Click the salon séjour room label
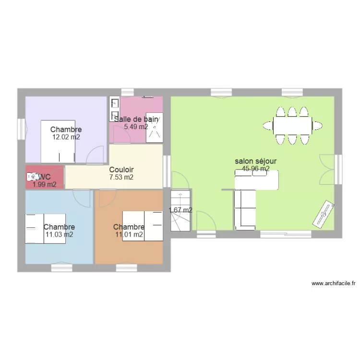point(255,162)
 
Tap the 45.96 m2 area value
point(255,169)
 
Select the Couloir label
point(121,170)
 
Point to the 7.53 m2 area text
point(121,177)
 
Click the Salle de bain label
point(136,119)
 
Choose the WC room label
point(44,177)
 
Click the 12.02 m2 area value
point(66,137)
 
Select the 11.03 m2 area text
point(59,235)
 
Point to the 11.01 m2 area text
point(129,235)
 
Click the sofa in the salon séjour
point(244,209)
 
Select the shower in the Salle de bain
point(154,127)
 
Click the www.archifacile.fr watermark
point(333,284)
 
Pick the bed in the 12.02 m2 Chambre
point(58,142)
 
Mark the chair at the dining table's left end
point(268,126)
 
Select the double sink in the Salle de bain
point(114,109)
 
